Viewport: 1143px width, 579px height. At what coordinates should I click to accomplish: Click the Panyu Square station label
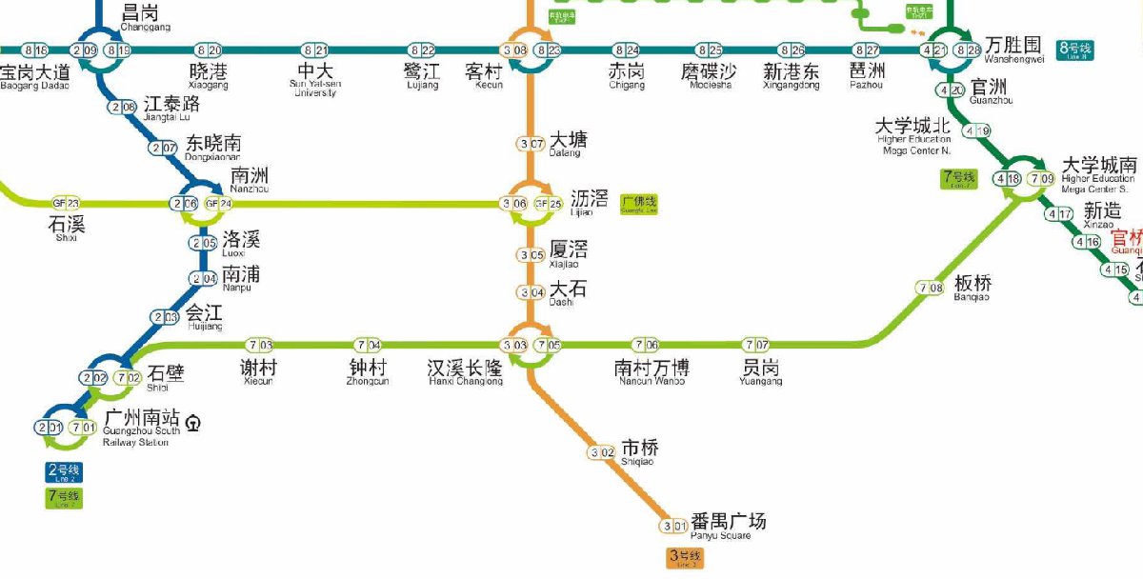click(x=728, y=525)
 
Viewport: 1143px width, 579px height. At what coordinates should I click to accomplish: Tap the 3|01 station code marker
click(x=674, y=526)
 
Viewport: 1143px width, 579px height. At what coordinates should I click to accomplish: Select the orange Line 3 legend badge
click(x=685, y=558)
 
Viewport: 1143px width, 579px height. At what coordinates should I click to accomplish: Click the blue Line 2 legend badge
click(x=65, y=471)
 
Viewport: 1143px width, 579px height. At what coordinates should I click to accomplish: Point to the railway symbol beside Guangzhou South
click(x=194, y=420)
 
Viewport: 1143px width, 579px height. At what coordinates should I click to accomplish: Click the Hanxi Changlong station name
click(x=465, y=371)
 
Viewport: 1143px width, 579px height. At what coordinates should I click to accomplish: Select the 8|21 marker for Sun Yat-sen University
click(x=315, y=50)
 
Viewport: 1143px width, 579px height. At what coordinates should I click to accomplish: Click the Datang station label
click(x=569, y=144)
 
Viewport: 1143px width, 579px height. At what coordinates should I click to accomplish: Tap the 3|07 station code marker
click(x=531, y=144)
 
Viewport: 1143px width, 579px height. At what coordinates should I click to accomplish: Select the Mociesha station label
click(x=707, y=75)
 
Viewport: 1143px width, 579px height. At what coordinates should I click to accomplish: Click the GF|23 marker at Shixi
click(x=66, y=203)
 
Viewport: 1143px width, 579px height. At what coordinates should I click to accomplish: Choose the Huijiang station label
click(x=204, y=316)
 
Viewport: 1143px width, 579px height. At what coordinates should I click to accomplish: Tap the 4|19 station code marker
click(x=977, y=130)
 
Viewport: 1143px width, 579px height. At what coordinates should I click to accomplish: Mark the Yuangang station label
click(x=760, y=371)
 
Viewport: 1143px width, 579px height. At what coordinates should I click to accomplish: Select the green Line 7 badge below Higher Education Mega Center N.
click(x=958, y=178)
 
